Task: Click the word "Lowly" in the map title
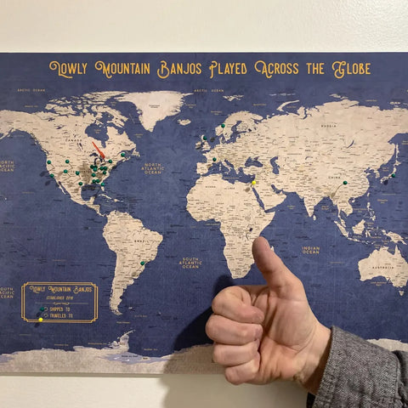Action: click(71, 70)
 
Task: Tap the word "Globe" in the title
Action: click(351, 68)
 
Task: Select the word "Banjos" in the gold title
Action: click(181, 70)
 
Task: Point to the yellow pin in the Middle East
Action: click(253, 182)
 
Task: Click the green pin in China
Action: click(344, 181)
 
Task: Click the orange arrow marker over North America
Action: click(98, 150)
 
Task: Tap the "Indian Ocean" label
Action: click(311, 250)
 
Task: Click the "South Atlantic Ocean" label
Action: click(191, 263)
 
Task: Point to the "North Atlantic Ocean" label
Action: click(153, 167)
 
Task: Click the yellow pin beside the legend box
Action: click(39, 320)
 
